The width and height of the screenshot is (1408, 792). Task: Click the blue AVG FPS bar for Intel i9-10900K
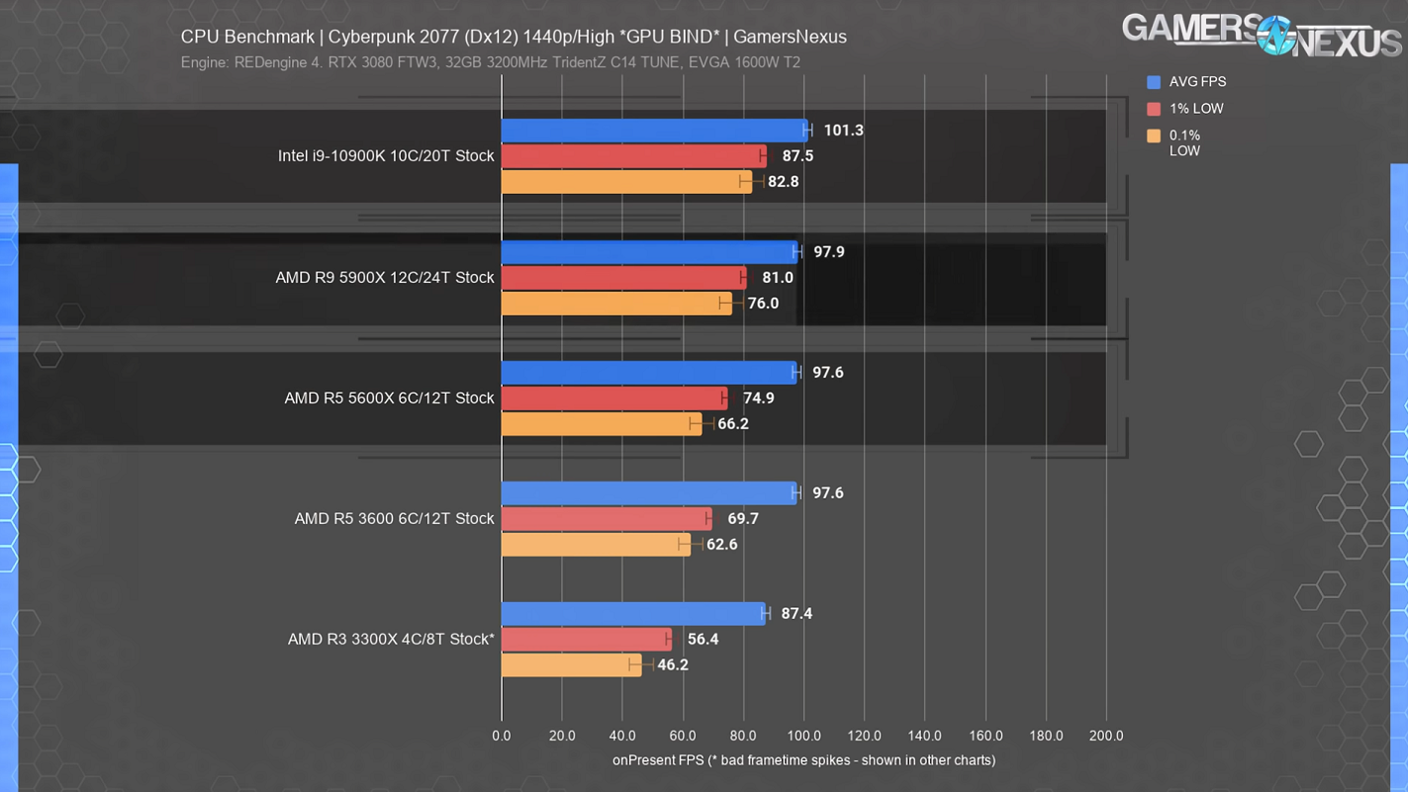click(653, 131)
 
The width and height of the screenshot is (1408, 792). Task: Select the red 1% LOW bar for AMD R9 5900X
click(623, 278)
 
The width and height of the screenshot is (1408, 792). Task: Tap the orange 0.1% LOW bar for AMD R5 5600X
click(601, 424)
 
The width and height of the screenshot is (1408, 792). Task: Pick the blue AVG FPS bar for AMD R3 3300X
click(633, 614)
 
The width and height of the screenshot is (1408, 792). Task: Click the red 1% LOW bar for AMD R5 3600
click(606, 519)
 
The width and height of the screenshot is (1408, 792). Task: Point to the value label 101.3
click(843, 131)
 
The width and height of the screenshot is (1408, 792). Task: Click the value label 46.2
click(673, 665)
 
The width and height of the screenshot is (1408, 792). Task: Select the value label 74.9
click(758, 398)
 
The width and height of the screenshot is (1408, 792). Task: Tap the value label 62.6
click(721, 545)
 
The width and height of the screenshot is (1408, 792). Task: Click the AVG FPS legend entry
click(1186, 82)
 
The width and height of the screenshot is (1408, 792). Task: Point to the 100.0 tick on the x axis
click(803, 736)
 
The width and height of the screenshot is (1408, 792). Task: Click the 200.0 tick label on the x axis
click(1106, 736)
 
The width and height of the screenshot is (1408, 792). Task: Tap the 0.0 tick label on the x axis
click(502, 736)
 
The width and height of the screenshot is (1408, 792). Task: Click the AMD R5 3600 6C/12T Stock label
click(394, 519)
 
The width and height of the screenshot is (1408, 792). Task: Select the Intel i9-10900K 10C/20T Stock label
click(386, 156)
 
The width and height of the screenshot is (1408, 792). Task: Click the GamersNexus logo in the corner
click(1261, 34)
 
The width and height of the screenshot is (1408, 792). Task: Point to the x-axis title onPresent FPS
click(803, 760)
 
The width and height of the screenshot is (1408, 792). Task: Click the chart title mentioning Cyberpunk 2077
click(514, 38)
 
